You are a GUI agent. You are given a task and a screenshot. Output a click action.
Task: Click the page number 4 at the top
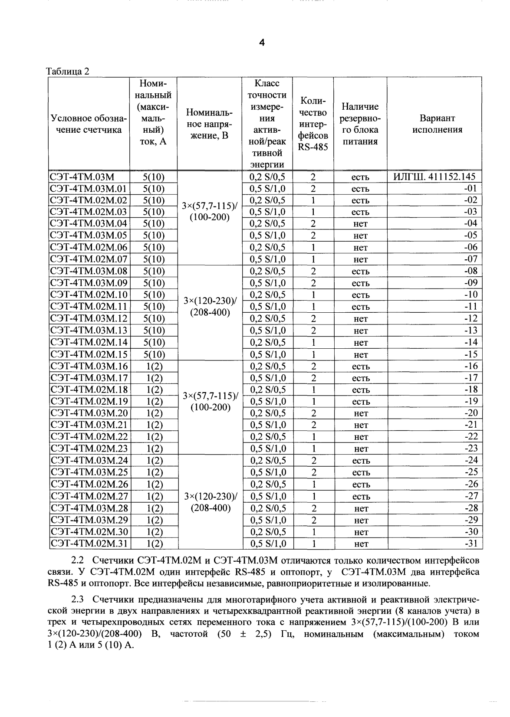[x=261, y=42]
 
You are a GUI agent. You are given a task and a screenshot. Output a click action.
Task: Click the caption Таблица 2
[x=67, y=72]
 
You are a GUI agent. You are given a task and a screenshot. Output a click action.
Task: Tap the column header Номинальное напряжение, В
[x=209, y=124]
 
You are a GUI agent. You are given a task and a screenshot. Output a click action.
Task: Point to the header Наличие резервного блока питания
[x=360, y=124]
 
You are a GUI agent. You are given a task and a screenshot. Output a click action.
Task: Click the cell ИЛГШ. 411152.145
[x=434, y=177]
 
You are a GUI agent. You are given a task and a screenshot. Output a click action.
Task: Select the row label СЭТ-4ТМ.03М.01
[x=89, y=189]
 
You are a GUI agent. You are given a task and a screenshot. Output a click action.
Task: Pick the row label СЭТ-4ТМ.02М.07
[x=89, y=259]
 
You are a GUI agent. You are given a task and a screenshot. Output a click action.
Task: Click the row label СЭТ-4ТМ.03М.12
[x=89, y=318]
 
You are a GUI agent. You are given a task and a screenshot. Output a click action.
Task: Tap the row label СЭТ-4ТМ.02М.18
[x=89, y=390]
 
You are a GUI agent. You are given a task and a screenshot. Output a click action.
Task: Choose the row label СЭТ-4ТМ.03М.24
[x=89, y=460]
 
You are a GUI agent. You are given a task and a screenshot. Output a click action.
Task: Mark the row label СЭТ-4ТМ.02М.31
[x=89, y=543]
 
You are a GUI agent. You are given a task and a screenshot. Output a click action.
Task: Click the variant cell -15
[x=471, y=354]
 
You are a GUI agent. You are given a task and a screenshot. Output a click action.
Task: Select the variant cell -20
[x=471, y=413]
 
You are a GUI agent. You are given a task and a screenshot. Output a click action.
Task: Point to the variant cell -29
[x=471, y=520]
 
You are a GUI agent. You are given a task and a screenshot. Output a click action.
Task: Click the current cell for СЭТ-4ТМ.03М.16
[x=154, y=366]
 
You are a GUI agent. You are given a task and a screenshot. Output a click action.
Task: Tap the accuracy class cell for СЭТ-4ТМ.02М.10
[x=267, y=295]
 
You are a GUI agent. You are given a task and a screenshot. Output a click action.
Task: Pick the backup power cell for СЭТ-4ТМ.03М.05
[x=360, y=236]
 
